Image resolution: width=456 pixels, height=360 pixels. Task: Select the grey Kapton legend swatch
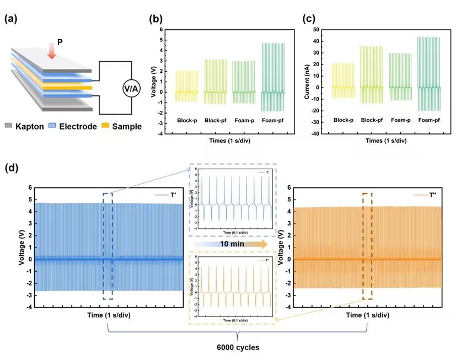coord(9,127)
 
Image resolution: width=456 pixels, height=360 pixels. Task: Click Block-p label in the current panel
coord(343,120)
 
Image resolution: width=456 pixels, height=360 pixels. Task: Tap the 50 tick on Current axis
coord(315,29)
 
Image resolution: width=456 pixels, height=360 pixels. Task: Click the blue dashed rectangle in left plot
coord(108,246)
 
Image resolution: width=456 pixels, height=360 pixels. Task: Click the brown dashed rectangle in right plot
coord(367,246)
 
